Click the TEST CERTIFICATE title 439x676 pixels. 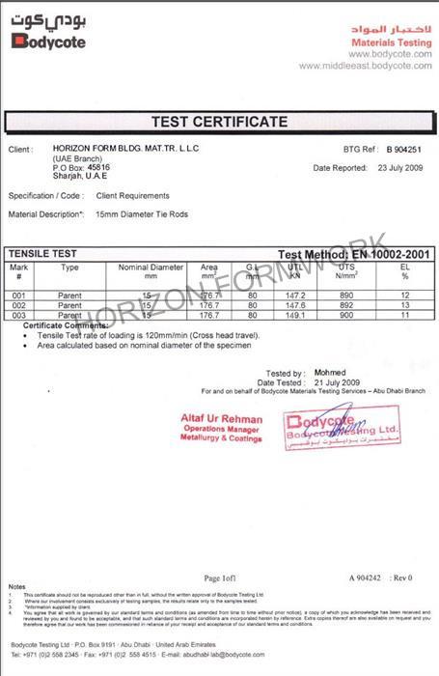tap(219, 122)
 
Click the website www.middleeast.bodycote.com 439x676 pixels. tap(364, 66)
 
